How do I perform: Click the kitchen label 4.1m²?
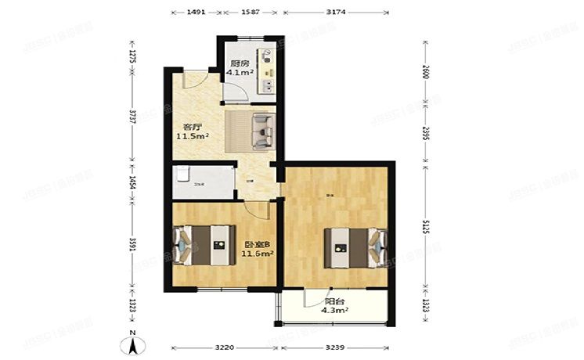click(239, 68)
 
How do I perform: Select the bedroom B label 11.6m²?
click(256, 248)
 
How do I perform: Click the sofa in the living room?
click(262, 130)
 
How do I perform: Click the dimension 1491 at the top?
click(196, 13)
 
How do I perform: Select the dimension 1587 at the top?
click(250, 13)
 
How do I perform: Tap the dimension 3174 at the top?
click(337, 13)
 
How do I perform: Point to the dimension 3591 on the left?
click(132, 245)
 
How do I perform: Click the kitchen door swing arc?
click(234, 92)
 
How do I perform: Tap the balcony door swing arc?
click(311, 298)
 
